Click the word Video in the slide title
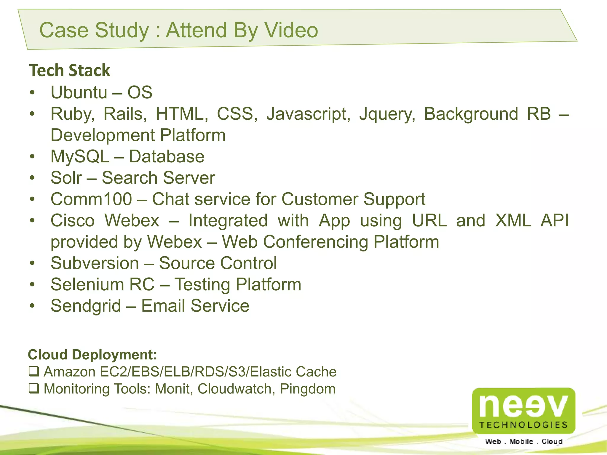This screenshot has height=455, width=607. [x=291, y=30]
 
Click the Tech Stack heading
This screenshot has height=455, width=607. [x=69, y=71]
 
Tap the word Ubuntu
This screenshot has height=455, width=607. [x=79, y=92]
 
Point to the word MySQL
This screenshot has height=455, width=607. [x=80, y=156]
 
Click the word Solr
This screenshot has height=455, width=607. [x=66, y=178]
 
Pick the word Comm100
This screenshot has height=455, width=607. [x=91, y=199]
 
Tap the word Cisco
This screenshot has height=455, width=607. [x=73, y=220]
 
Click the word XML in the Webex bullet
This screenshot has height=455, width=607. [x=513, y=220]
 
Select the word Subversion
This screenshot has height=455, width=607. [x=95, y=263]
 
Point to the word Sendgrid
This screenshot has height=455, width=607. [x=86, y=306]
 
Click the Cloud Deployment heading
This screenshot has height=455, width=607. [x=92, y=355]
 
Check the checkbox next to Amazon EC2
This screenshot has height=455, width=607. [x=34, y=371]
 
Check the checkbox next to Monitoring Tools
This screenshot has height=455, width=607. [x=34, y=388]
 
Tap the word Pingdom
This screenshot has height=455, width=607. [x=307, y=389]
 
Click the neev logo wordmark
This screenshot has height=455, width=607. [x=523, y=406]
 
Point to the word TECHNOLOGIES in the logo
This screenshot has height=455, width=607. [x=523, y=425]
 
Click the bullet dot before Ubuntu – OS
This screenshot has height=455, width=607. [x=32, y=92]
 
